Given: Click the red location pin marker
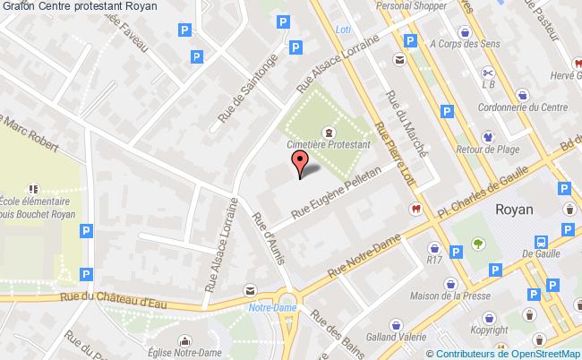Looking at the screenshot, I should click(x=301, y=162).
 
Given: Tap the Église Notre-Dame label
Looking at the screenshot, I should click(x=184, y=353).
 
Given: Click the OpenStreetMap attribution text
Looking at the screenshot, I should click(x=513, y=353).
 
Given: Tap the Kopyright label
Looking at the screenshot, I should click(x=489, y=330).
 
